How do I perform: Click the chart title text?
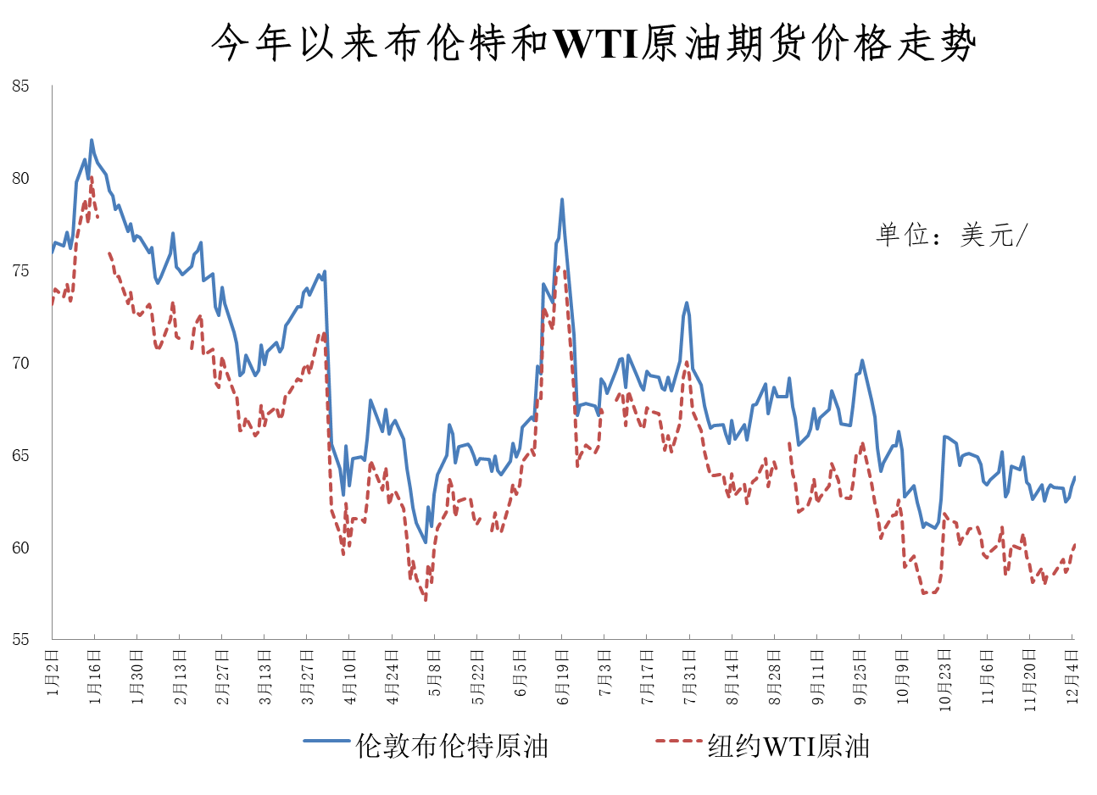[593, 42]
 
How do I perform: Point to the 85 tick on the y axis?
[20, 86]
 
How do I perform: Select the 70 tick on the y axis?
[20, 364]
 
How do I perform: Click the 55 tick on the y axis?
[20, 640]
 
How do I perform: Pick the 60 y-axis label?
[20, 548]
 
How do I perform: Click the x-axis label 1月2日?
[53, 673]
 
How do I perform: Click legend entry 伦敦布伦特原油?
[452, 746]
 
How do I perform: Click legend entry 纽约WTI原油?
[788, 746]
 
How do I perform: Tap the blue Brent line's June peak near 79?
[562, 200]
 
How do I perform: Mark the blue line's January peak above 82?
[92, 141]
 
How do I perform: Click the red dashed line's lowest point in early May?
[426, 600]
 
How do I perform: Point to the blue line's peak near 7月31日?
[687, 303]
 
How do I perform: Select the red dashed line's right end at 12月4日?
[1075, 544]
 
